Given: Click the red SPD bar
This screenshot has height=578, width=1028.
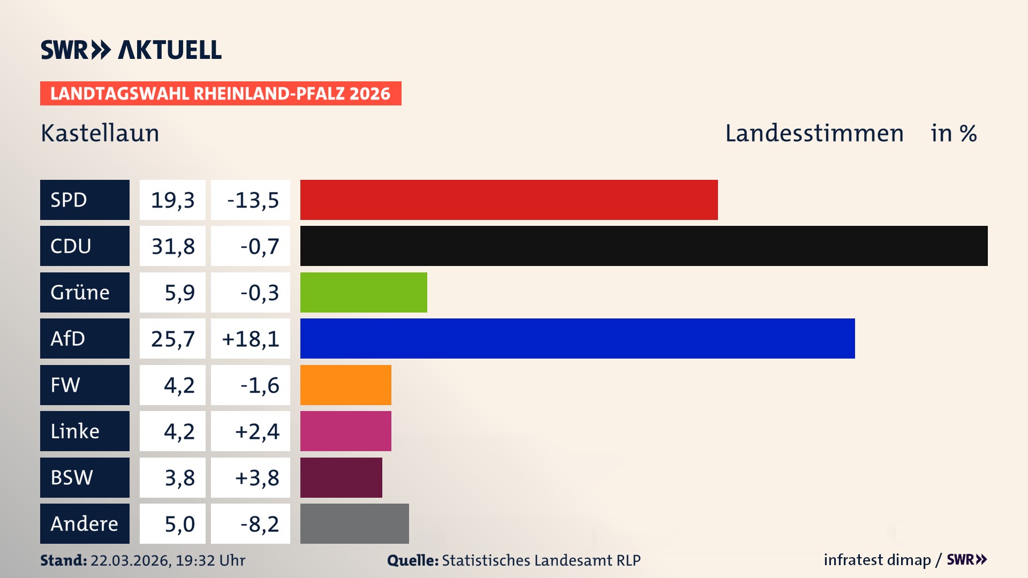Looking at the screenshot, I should [509, 200].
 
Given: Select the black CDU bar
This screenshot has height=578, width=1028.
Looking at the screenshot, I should [644, 246].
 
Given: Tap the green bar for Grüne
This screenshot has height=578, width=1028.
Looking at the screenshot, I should [364, 292].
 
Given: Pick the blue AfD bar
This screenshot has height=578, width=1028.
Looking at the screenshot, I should [577, 338].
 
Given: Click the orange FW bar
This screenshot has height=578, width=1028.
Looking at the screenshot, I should [345, 385].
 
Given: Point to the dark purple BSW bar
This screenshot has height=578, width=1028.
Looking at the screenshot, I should [341, 477].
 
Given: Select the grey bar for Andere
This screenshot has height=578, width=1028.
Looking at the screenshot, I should [354, 523].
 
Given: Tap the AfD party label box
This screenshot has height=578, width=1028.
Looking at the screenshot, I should [85, 338].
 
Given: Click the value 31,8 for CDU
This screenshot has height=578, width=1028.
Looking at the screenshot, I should [172, 246].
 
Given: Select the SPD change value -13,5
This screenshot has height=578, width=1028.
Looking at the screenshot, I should [253, 200].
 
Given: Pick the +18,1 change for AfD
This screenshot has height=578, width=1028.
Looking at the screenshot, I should [251, 339].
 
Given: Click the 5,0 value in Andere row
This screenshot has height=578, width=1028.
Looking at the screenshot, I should [179, 524].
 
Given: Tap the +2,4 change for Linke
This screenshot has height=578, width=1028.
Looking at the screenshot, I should [257, 431].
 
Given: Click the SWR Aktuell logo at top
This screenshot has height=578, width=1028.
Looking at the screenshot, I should [131, 50].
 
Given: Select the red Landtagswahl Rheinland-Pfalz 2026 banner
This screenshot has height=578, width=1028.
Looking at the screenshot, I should [220, 93].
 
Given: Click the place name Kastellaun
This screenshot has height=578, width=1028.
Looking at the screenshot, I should [100, 133].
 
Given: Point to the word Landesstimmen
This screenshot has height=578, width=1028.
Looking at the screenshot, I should [814, 133].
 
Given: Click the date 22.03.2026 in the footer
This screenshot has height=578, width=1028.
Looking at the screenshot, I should [130, 560].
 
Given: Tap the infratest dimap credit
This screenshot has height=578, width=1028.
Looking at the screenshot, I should [877, 560].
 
